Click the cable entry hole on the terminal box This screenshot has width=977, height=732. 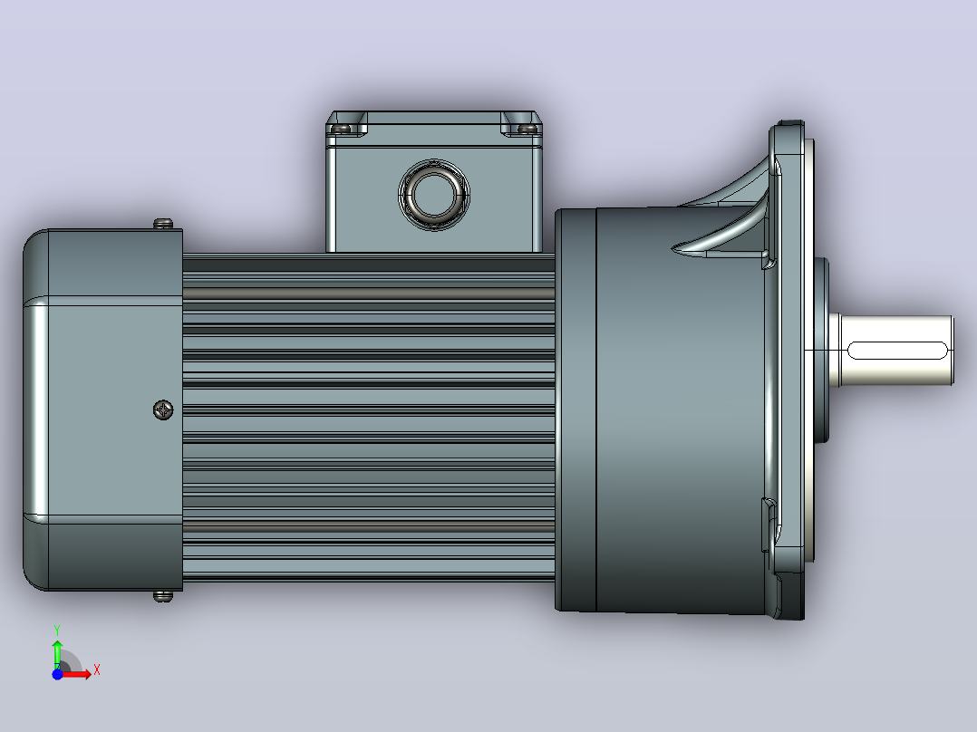click(434, 195)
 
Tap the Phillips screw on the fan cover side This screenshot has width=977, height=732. click(163, 409)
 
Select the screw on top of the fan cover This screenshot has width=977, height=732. click(163, 223)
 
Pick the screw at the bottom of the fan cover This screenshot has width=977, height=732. click(163, 596)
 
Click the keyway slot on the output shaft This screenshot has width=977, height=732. click(897, 350)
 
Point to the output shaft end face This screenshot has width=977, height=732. click(952, 350)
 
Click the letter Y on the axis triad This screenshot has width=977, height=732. click(57, 630)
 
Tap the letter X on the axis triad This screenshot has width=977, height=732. click(97, 670)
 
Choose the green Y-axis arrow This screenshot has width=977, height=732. click(57, 653)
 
